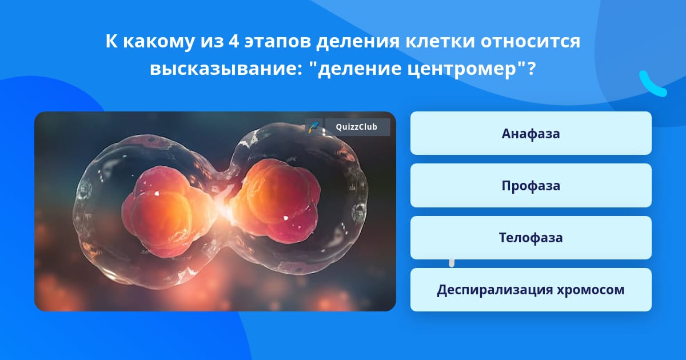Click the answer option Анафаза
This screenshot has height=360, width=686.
click(x=531, y=133)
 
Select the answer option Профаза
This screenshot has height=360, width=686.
click(x=531, y=186)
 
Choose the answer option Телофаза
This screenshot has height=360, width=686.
click(x=531, y=238)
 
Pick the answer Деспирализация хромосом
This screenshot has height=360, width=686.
click(x=531, y=290)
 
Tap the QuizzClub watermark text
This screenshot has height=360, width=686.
click(x=357, y=127)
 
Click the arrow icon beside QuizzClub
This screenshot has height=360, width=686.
click(x=314, y=127)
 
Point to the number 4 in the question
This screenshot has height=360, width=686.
click(x=233, y=41)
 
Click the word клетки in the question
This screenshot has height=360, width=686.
click(x=440, y=41)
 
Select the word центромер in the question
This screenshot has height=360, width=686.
click(x=462, y=69)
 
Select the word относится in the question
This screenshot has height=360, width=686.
click(x=530, y=41)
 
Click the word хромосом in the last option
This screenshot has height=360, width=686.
click(x=591, y=290)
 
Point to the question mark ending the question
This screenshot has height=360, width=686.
click(x=532, y=68)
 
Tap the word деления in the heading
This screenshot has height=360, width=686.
click(x=358, y=42)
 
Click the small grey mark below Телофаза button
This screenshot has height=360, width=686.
click(x=452, y=263)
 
